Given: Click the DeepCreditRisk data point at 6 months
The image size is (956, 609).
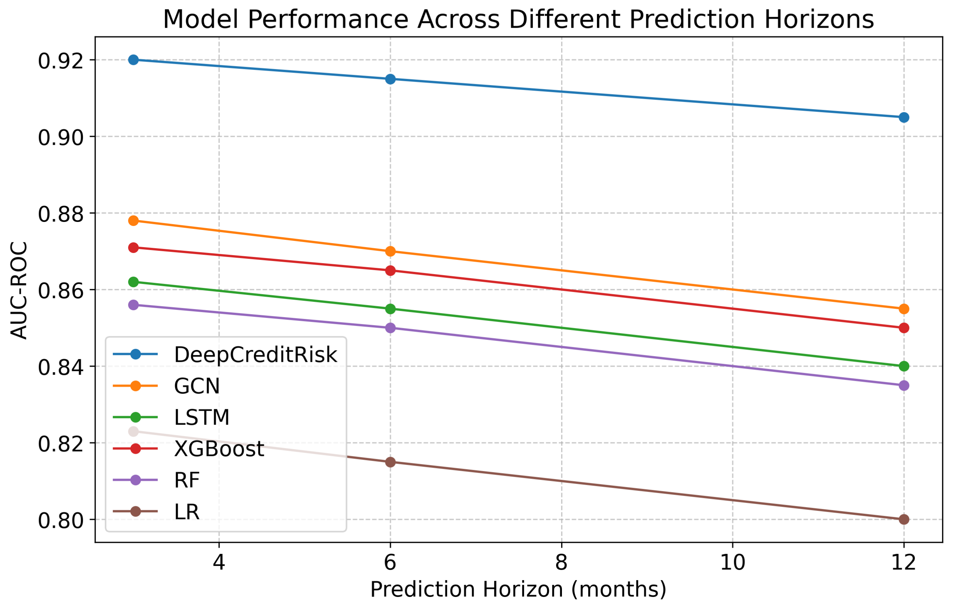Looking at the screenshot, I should point(390,79).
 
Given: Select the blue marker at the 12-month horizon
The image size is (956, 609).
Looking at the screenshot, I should point(904,117).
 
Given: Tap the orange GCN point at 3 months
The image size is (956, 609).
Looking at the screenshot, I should point(133,220).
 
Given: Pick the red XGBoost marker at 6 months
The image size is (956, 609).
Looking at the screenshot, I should point(390,270).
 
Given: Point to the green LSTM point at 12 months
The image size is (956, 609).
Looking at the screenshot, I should point(904,366).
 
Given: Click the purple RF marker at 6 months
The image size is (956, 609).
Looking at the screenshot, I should point(390,328).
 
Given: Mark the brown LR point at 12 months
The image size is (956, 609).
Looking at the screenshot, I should point(904,519).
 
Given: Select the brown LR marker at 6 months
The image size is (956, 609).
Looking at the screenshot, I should point(390,462).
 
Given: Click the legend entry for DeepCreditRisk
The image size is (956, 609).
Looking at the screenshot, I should point(255,354).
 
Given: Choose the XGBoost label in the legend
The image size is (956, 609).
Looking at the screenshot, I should point(219,449).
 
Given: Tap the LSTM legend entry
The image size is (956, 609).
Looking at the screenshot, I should point(202,418).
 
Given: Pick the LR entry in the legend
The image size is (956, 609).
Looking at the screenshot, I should point(186,512).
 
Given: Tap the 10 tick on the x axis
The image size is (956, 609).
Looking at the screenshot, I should point(732,562).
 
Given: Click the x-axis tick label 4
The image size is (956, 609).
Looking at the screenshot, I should point(219,562).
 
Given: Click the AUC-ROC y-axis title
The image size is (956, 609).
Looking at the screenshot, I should point(19,290).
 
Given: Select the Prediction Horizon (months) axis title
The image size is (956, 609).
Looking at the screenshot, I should point(518,590).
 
